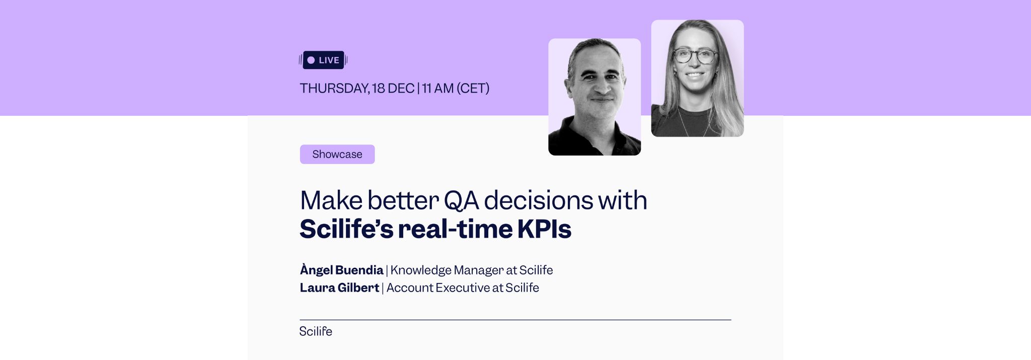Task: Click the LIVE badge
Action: click(323, 60)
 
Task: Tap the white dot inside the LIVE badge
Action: click(311, 60)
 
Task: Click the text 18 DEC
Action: click(393, 89)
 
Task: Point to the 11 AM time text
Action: click(437, 89)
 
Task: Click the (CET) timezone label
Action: click(473, 89)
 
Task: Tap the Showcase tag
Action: click(337, 154)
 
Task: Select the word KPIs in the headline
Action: click(544, 229)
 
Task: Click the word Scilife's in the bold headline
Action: click(346, 229)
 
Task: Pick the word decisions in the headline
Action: click(538, 200)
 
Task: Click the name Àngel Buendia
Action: click(341, 270)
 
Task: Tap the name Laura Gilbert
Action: click(339, 288)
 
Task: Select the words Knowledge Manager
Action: click(447, 270)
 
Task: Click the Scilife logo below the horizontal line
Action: click(316, 331)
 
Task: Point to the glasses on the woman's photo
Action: click(695, 56)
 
